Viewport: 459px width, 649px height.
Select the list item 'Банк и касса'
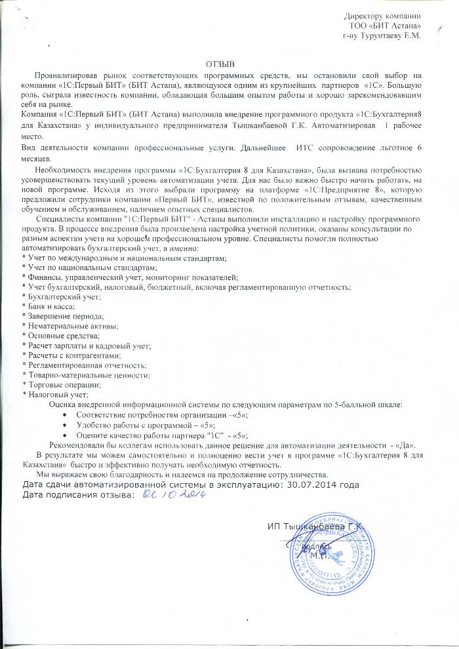pyautogui.click(x=49, y=306)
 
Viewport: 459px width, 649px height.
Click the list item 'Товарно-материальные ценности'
pyautogui.click(x=86, y=374)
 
